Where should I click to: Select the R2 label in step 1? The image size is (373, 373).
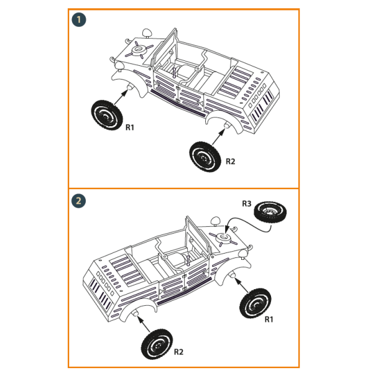coord(230,161)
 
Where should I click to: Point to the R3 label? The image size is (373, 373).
coord(247,203)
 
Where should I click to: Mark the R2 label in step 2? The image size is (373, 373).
coord(178,351)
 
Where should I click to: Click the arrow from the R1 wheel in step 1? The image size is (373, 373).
coord(120,98)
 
